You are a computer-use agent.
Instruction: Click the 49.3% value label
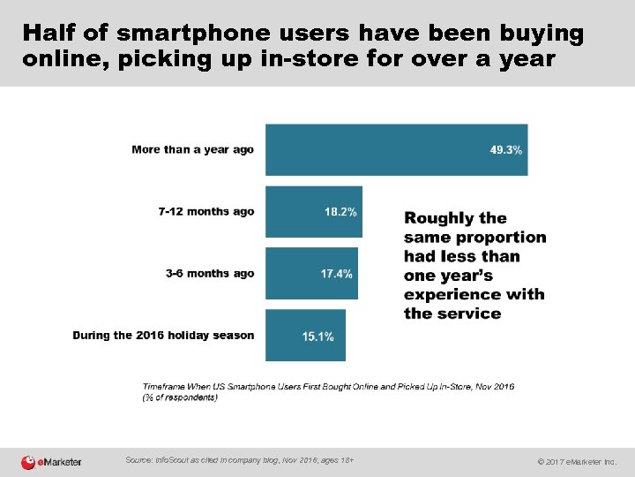coord(506,150)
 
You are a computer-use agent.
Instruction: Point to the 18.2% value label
coord(340,212)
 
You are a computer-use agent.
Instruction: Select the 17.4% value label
coord(336,274)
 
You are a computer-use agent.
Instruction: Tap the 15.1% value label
coord(317,337)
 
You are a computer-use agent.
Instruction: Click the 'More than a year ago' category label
coord(192,149)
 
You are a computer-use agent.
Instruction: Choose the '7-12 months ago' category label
coord(206,212)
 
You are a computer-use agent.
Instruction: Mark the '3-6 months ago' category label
coord(210,274)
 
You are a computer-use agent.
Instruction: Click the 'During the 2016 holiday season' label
coord(163,336)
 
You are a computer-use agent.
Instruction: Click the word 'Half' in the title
coord(51,34)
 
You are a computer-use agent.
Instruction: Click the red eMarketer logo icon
coord(29,461)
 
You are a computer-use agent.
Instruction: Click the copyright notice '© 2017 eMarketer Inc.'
coord(577,462)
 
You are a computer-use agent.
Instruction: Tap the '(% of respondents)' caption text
coord(180,398)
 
